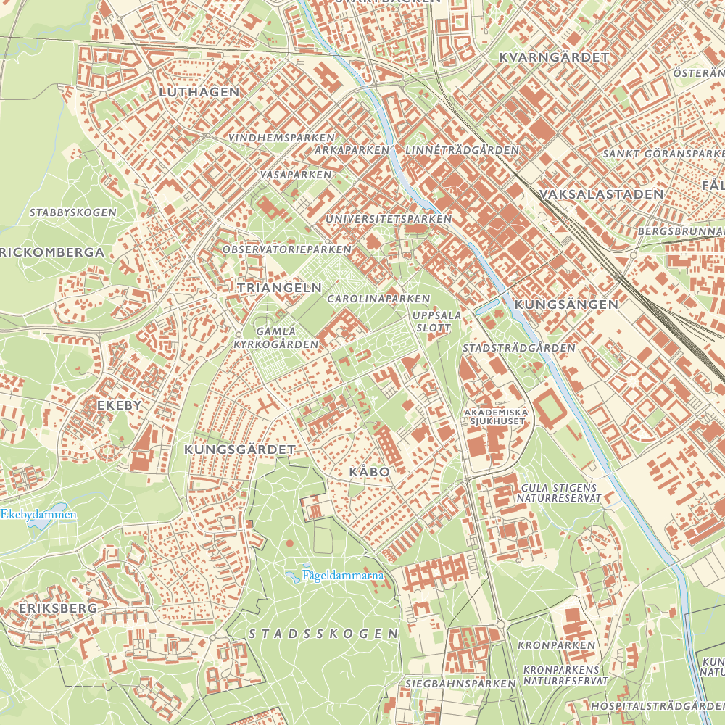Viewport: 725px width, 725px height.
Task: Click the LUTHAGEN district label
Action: pos(199,92)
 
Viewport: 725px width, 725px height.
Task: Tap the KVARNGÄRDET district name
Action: pos(554,57)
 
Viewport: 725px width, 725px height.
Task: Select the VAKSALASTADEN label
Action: pos(602,194)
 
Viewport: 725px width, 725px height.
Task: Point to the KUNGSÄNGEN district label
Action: pos(566,304)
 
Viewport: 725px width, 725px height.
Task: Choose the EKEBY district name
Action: pos(120,405)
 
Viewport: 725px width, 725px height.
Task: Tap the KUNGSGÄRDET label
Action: pos(240,449)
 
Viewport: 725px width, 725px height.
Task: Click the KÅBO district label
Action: pos(370,472)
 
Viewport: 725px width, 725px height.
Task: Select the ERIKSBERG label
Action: pos(58,608)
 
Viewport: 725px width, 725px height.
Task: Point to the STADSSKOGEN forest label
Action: pos(323,634)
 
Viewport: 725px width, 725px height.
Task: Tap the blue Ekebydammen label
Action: pos(38,515)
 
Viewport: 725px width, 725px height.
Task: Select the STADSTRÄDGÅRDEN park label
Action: pos(518,348)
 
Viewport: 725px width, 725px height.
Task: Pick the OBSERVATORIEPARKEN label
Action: pos(287,249)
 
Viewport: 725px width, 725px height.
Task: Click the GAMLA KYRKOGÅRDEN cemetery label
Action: pos(275,337)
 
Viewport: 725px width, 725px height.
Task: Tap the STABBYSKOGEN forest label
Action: pos(72,212)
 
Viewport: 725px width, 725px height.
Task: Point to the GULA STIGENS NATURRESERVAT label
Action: pos(559,493)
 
